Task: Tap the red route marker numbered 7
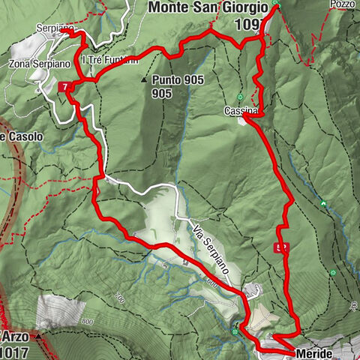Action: (66, 87)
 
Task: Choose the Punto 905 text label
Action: (172, 79)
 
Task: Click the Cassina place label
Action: (240, 111)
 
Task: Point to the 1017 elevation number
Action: (15, 350)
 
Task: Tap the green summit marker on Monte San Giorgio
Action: (275, 6)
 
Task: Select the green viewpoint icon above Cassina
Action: (240, 97)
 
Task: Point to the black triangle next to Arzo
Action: (36, 336)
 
